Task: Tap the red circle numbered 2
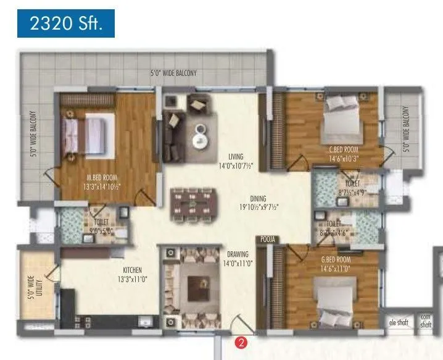(242, 339)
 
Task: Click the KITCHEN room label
(131, 270)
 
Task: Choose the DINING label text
(258, 199)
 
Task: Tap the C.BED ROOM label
(344, 149)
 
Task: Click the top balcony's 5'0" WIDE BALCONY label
(174, 73)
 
